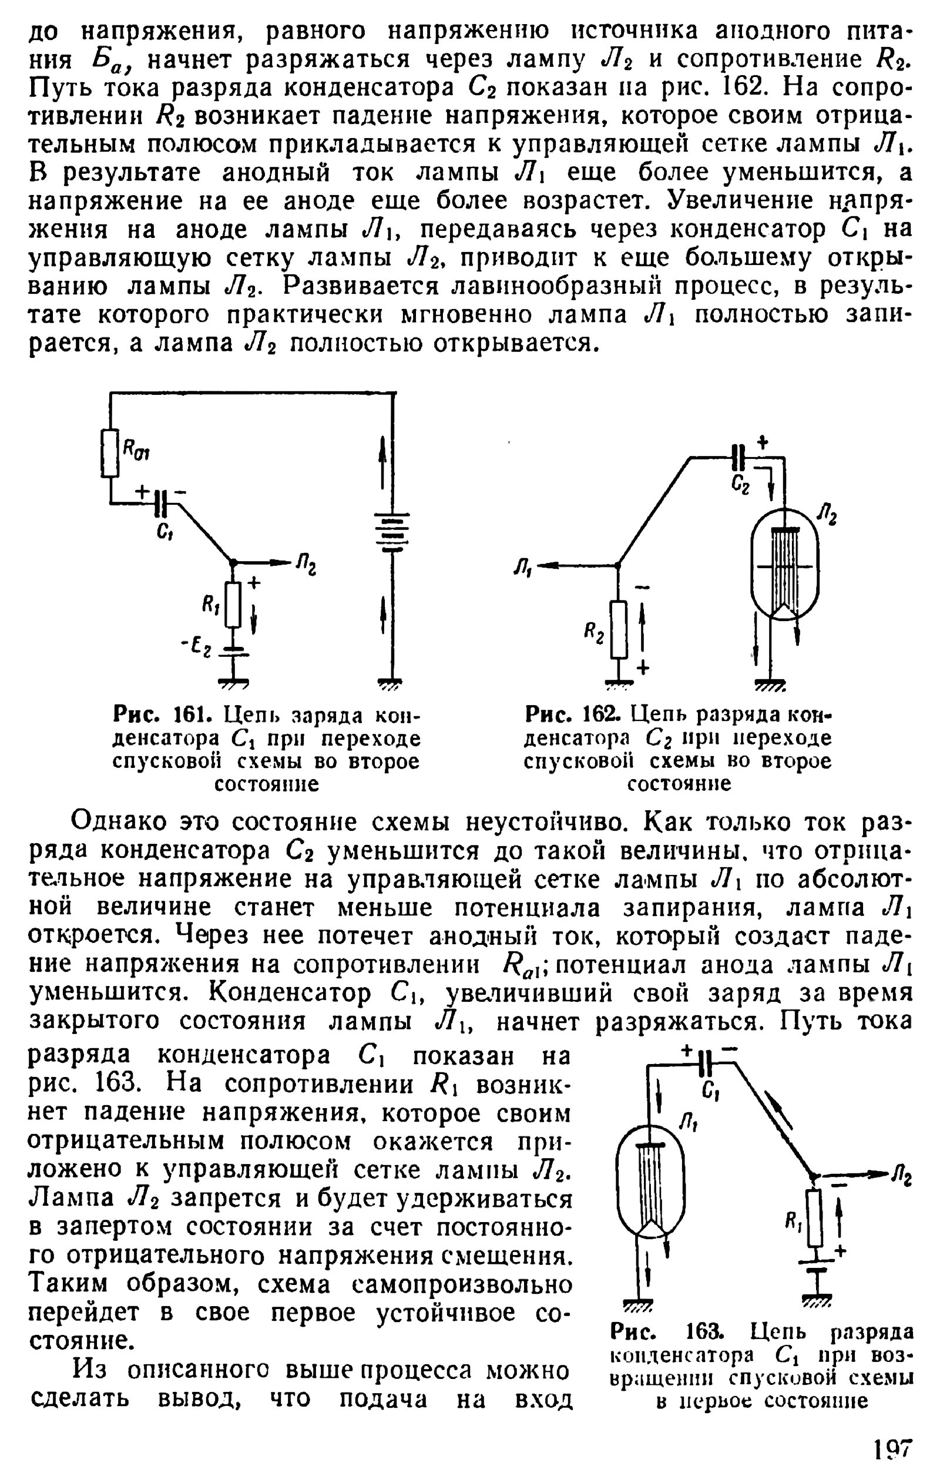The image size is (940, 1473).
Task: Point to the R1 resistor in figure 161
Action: (x=233, y=605)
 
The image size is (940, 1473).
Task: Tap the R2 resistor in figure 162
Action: (x=618, y=629)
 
